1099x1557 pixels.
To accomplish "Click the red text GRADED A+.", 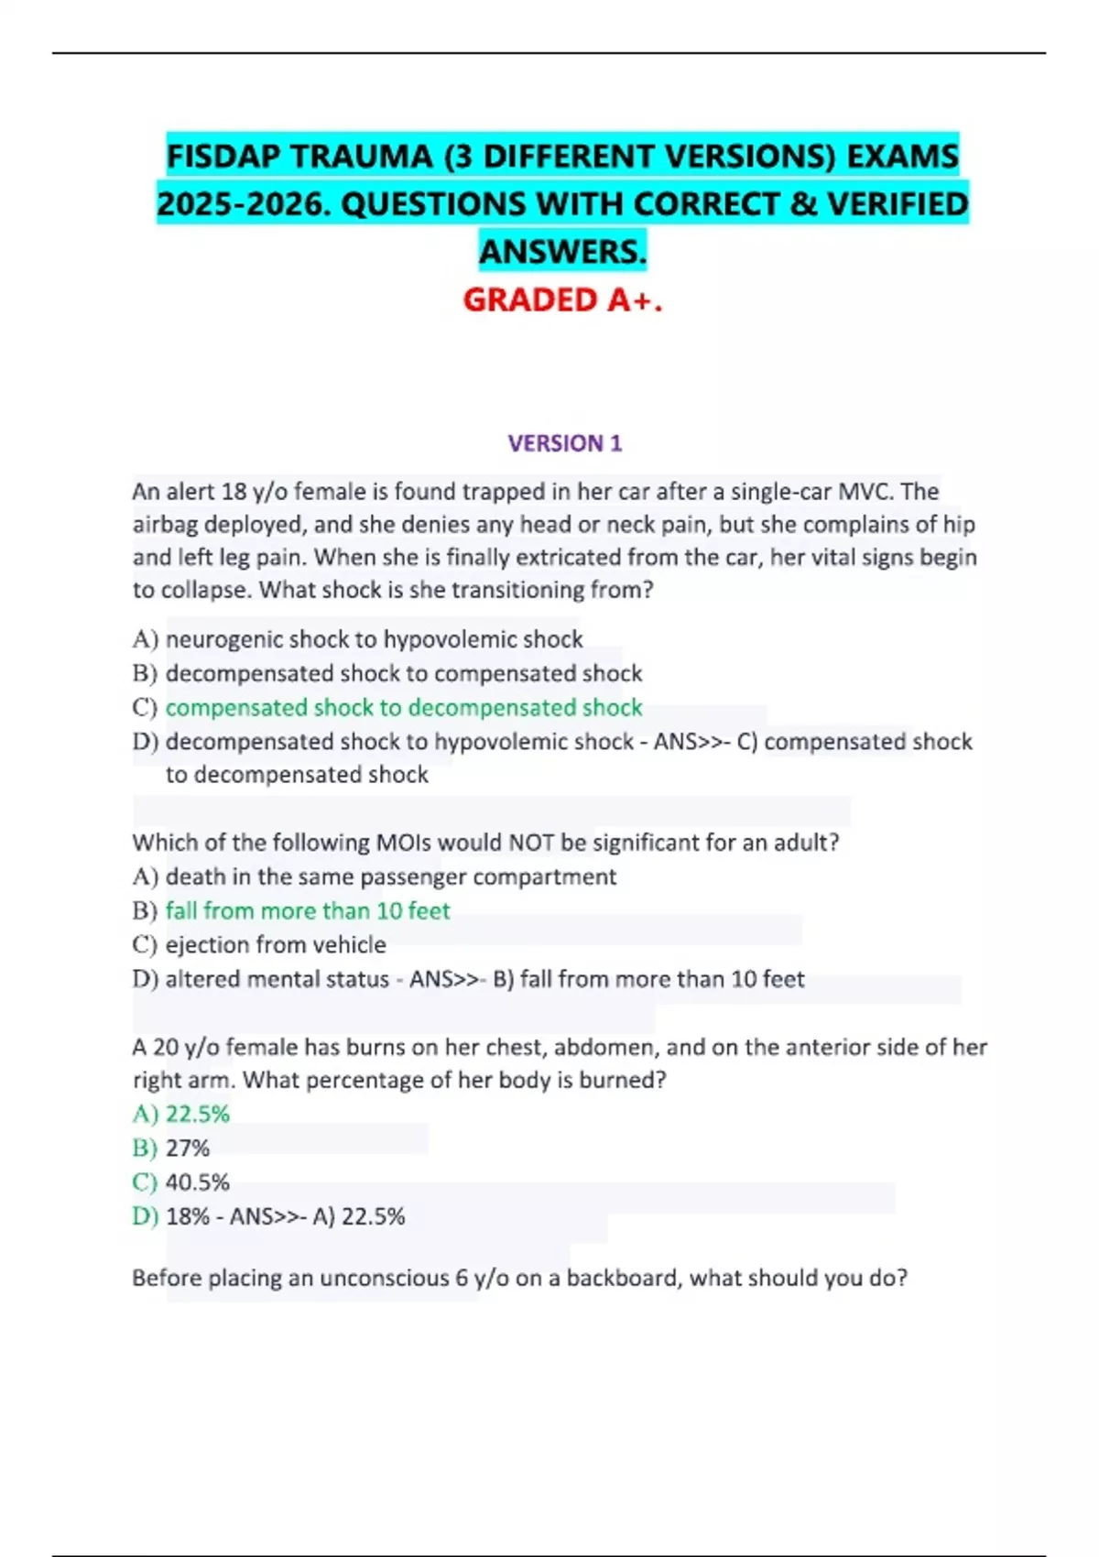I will coord(562,299).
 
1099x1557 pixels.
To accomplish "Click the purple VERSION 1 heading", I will coord(564,443).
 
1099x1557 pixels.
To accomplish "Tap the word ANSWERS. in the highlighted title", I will coord(562,251).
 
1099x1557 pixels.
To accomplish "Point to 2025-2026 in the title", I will coord(242,204).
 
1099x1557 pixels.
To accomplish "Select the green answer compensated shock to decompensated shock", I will coord(403,708).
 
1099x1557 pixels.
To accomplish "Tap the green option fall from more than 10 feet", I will coord(308,911).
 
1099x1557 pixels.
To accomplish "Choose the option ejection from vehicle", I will coord(276,945).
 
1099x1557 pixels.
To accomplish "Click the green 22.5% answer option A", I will coord(197,1115).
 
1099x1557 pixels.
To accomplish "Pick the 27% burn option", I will coord(188,1149).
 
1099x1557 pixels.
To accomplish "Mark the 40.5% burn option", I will coord(197,1182).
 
